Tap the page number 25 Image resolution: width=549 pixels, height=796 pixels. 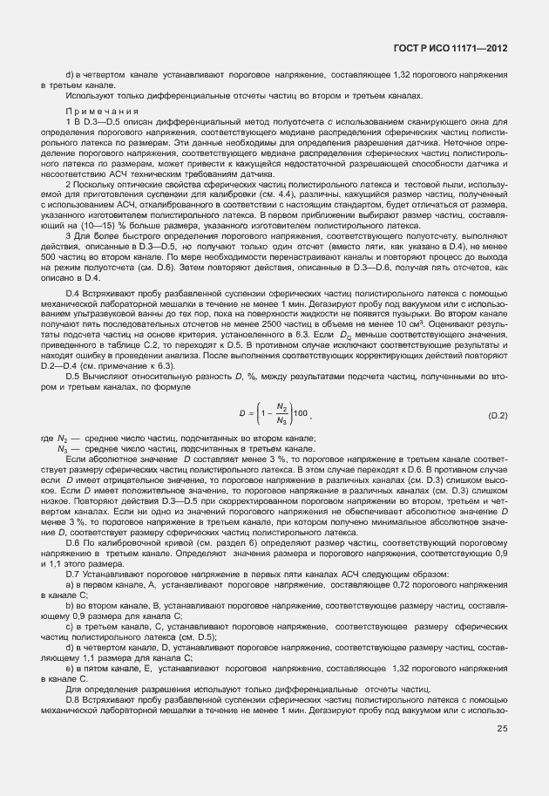tap(502, 755)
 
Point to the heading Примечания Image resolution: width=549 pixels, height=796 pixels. tap(95, 112)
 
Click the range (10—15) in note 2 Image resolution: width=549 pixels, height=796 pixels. tap(84, 224)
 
